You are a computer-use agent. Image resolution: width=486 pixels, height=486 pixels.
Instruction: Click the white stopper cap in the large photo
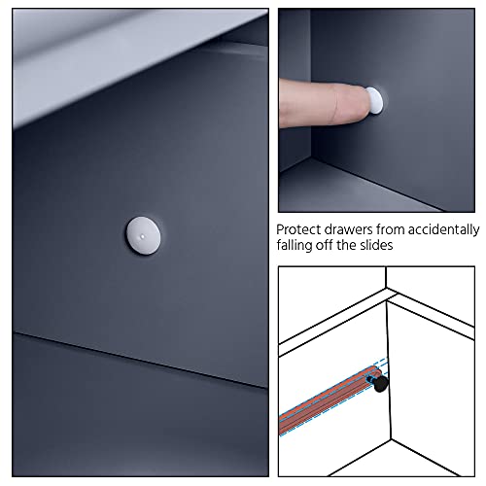[143, 235]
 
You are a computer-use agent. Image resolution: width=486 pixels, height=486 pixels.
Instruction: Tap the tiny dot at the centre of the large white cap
[142, 237]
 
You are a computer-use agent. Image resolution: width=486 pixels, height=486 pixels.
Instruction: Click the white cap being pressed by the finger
[375, 100]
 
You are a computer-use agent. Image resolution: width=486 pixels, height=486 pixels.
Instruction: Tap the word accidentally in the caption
[443, 230]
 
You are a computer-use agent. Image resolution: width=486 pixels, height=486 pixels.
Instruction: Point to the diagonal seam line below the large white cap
[140, 360]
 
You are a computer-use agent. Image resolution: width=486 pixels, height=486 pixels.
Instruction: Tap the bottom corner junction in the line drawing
[391, 439]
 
